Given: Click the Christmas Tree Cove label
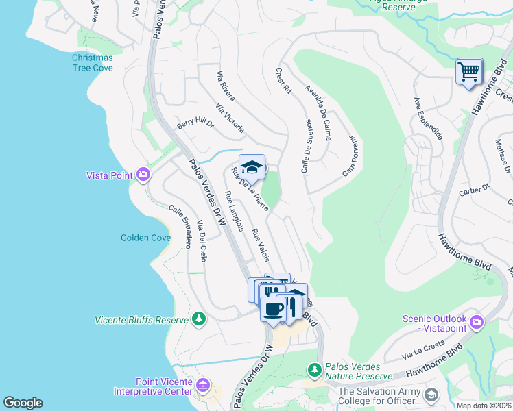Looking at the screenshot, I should click(x=93, y=62).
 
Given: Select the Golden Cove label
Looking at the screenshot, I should click(x=145, y=238).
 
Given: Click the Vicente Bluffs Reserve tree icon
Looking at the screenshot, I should click(x=199, y=319).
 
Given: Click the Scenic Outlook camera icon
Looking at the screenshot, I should click(x=477, y=321).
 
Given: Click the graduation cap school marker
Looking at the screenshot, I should click(x=252, y=167).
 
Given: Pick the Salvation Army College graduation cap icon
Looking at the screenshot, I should click(x=431, y=396).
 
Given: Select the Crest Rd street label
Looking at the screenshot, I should click(x=284, y=80).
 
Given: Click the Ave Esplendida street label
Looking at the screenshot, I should click(x=428, y=118).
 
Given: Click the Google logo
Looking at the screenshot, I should click(x=23, y=403).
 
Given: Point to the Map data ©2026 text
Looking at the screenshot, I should click(x=483, y=406).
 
